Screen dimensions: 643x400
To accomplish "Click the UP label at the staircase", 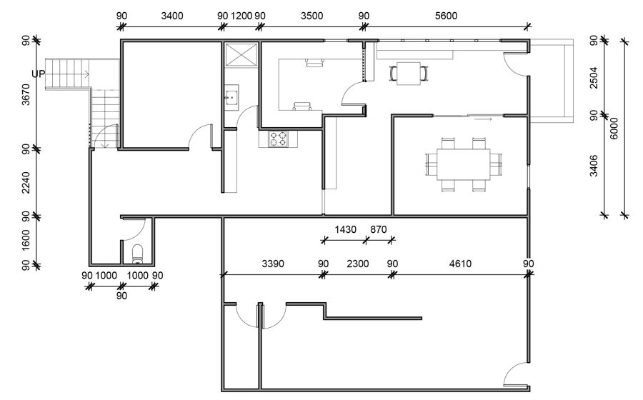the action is pyautogui.click(x=38, y=74).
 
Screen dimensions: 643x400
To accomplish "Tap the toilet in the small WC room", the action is pyautogui.click(x=137, y=254).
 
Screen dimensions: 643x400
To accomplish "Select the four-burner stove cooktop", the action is pyautogui.click(x=278, y=139).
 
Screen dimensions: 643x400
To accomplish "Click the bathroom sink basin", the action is pyautogui.click(x=231, y=98).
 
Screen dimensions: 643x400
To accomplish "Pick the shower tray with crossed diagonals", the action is pyautogui.click(x=241, y=54).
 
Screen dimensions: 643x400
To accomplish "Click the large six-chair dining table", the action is pyautogui.click(x=464, y=164).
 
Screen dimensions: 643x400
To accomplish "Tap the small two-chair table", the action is pyautogui.click(x=409, y=74).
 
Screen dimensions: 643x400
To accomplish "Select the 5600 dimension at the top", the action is pyautogui.click(x=446, y=16).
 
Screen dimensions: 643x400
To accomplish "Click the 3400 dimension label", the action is pyautogui.click(x=171, y=16).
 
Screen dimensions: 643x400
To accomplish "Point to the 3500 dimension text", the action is pyautogui.click(x=311, y=16).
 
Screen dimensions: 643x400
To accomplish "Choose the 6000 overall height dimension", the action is pyautogui.click(x=614, y=129).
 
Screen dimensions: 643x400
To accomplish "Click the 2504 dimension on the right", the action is pyautogui.click(x=594, y=78).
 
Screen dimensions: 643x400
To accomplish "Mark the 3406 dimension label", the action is pyautogui.click(x=594, y=166).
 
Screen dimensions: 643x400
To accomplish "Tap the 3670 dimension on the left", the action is pyautogui.click(x=26, y=94).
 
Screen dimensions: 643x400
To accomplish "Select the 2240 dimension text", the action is pyautogui.click(x=26, y=183).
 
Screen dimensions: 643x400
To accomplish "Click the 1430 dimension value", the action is pyautogui.click(x=345, y=229).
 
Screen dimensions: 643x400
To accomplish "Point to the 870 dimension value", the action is pyautogui.click(x=378, y=229).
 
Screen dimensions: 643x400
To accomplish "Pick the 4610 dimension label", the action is pyautogui.click(x=460, y=264).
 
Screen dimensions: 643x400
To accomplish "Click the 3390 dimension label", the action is pyautogui.click(x=273, y=264).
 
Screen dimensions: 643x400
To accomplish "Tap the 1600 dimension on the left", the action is pyautogui.click(x=26, y=240).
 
